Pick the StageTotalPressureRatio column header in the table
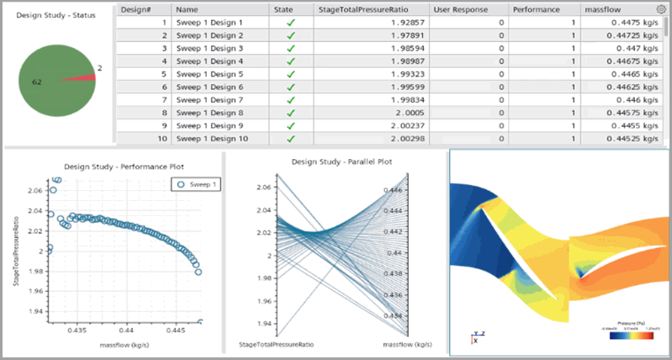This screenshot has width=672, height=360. click(365, 8)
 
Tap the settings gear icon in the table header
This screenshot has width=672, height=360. click(661, 8)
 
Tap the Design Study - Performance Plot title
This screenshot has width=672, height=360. click(113, 166)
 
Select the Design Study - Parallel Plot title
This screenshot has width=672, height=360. click(334, 161)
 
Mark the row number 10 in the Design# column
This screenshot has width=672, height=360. click(142, 138)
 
